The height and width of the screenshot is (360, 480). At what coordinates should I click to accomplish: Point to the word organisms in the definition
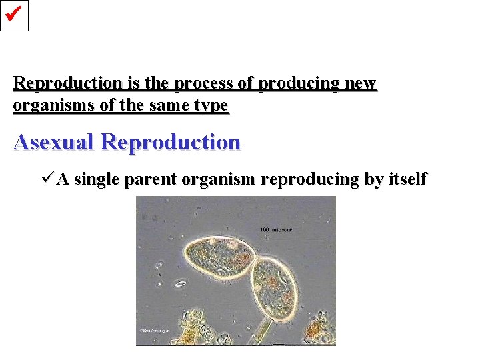[x=47, y=106]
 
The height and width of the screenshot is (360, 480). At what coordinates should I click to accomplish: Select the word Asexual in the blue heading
[x=54, y=142]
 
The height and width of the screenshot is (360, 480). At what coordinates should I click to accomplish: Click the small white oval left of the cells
[x=180, y=284]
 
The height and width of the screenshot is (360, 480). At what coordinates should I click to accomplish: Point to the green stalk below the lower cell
[x=261, y=331]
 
